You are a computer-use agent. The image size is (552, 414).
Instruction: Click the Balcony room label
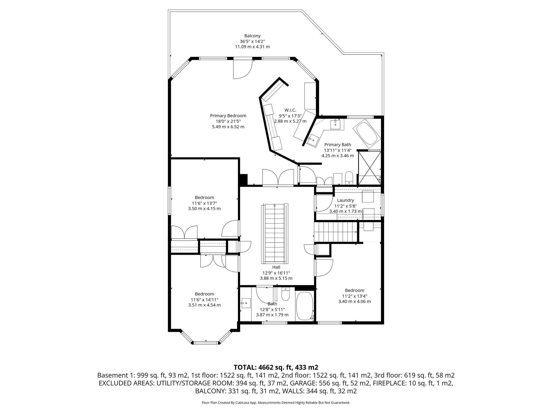[x=252, y=36]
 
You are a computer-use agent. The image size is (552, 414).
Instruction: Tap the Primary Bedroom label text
[x=228, y=116]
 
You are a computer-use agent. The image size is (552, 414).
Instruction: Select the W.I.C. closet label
[x=290, y=110]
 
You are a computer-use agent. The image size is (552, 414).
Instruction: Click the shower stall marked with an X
[x=369, y=168]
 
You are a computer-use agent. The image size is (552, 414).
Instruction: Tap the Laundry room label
[x=345, y=200]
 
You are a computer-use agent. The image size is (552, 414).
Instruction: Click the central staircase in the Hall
[x=275, y=234]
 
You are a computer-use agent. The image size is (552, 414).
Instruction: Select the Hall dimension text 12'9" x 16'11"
[x=276, y=273]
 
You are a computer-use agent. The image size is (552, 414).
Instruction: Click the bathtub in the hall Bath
[x=304, y=306]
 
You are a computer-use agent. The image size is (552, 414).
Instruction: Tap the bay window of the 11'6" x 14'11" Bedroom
[x=206, y=343]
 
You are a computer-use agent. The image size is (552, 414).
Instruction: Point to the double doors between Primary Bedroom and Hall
[x=278, y=178]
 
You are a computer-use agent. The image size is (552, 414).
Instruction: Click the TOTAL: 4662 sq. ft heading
[x=276, y=367]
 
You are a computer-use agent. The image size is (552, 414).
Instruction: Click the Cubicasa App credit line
[x=276, y=403]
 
